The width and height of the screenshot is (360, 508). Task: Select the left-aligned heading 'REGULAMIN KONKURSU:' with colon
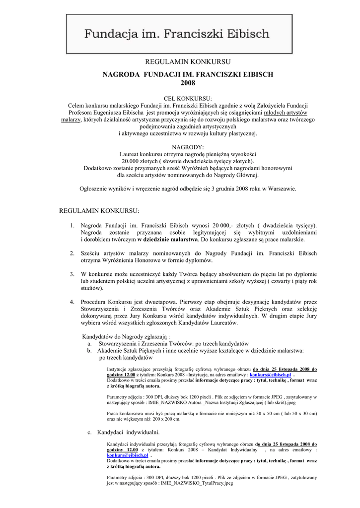coord(100,211)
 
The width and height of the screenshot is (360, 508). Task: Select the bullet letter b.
coord(90,350)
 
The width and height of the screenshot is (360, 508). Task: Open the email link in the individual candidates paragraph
coord(127,455)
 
